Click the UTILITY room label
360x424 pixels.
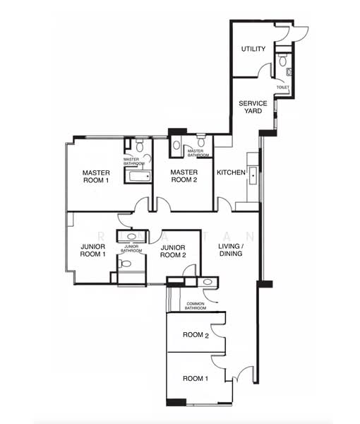253,49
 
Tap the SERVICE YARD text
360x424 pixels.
252,107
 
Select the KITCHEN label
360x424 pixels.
231,172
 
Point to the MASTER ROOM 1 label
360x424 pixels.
96,176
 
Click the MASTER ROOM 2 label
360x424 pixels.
185,176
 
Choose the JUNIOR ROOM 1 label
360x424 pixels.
92,251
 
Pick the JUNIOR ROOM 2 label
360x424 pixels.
173,251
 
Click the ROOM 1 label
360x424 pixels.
196,379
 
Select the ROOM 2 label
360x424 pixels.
196,335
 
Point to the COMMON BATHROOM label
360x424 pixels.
196,305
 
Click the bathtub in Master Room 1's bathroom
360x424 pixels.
138,177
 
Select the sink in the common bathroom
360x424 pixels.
207,283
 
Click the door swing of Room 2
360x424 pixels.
219,321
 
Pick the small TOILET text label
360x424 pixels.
282,88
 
